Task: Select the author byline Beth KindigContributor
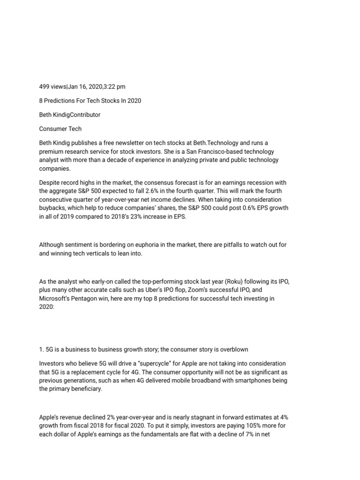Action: (69, 114)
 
